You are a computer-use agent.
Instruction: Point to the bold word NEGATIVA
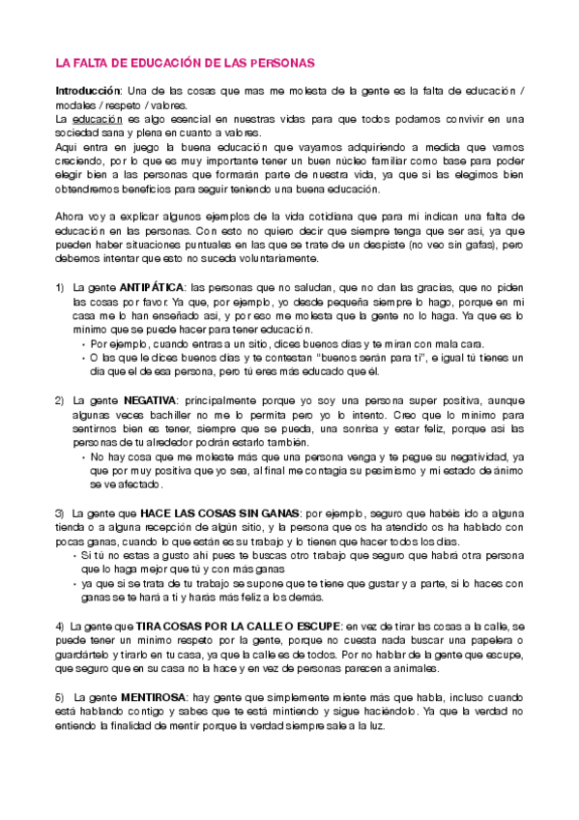[149, 399]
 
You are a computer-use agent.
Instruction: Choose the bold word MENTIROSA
[156, 670]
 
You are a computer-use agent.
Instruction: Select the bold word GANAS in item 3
[278, 512]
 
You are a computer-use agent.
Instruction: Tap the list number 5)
[60, 670]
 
